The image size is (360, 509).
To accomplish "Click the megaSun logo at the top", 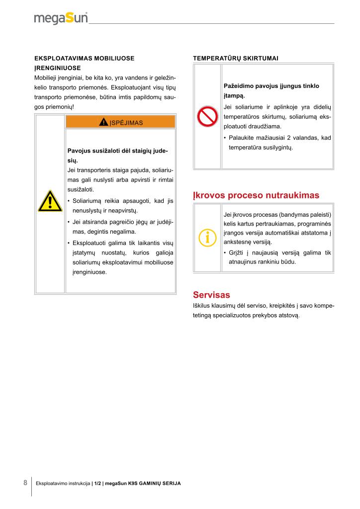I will (61, 18).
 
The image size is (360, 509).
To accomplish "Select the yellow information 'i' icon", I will (207, 237).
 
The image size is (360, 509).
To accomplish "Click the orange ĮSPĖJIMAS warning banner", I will (120, 122).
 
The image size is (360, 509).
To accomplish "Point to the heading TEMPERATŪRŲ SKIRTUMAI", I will (235, 59).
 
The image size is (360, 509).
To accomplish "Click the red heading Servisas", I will (211, 295).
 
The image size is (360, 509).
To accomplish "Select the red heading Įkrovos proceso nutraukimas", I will (256, 195).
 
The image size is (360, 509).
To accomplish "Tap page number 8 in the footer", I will (25, 483).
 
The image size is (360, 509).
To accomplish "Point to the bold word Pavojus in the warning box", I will (79, 151).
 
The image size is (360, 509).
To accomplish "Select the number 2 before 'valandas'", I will (294, 138).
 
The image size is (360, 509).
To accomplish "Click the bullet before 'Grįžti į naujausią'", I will (225, 253).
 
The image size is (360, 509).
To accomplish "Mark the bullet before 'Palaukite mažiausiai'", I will (225, 138).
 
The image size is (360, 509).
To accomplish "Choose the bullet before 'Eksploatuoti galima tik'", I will (68, 243).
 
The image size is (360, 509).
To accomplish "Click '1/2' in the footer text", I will (97, 483).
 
